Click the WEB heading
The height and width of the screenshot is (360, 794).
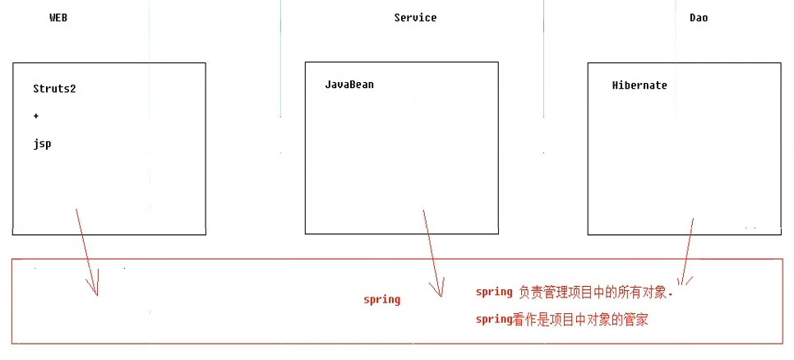coord(58,17)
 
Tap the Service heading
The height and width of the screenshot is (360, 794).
coord(415,17)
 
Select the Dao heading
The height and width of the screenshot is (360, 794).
coord(698,17)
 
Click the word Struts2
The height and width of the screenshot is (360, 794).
coord(54,89)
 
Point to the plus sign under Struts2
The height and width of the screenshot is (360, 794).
coord(36,116)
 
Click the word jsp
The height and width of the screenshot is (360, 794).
coord(42,143)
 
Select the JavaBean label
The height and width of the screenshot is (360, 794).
coord(349,85)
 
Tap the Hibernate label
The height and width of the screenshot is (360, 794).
coord(639,85)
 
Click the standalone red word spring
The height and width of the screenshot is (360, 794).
coord(381,299)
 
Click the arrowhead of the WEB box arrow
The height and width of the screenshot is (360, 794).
coord(95,290)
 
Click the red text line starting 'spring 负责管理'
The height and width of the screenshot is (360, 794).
coord(579,292)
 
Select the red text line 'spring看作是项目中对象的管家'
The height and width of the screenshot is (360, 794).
coord(562,320)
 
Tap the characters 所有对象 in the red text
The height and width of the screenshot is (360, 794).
coord(649,292)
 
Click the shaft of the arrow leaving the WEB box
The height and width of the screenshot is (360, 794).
coord(85,247)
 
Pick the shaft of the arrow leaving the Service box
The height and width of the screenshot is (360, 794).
coord(432,247)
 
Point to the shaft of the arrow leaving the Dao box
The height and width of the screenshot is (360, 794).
coord(688,247)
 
